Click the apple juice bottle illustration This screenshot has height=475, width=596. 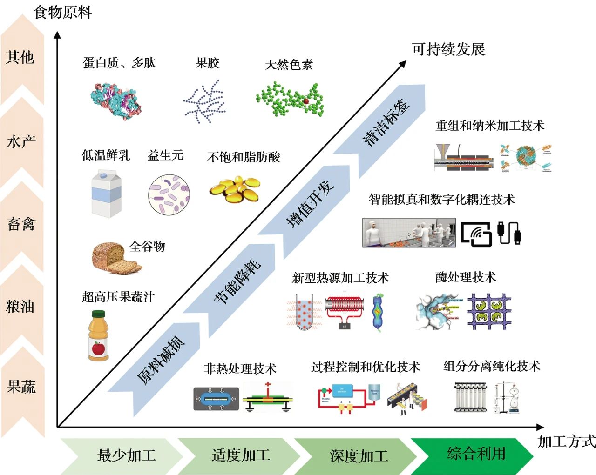(98, 335)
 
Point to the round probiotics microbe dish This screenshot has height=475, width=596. (169, 195)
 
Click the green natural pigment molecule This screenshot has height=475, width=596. (290, 99)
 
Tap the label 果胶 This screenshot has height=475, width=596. (207, 63)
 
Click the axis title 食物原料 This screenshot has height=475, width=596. (62, 12)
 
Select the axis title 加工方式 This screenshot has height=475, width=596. (566, 441)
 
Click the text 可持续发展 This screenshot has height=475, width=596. (448, 49)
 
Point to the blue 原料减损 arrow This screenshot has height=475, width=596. (161, 359)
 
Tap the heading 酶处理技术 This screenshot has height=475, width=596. (465, 277)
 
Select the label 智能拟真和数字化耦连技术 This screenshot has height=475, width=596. (441, 200)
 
